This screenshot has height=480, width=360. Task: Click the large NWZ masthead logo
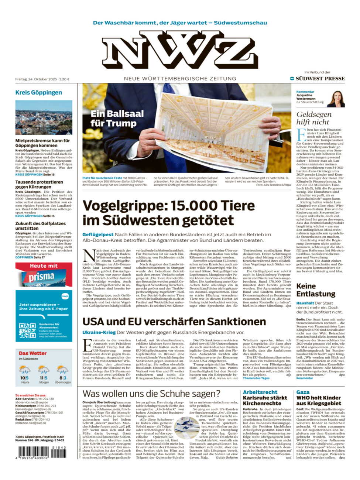pos(180,50)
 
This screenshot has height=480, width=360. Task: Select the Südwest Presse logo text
pos(320,79)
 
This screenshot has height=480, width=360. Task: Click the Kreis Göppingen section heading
pos(38,93)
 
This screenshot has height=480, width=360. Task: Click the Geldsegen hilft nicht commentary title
pos(314,118)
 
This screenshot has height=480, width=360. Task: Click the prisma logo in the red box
pos(41,277)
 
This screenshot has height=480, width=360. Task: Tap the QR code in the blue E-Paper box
pos(27,331)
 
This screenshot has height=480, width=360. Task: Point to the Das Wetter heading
pos(32,353)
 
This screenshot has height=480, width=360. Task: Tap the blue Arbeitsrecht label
pos(260,392)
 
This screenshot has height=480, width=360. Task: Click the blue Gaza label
pos(303,392)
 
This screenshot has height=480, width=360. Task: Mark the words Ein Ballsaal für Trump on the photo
pos(117,118)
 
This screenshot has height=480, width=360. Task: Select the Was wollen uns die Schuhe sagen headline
pos(151,394)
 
